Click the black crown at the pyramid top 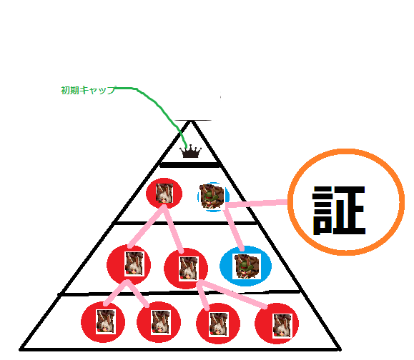[190, 152]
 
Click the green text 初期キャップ [88, 90]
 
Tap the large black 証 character [339, 211]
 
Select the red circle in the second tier [164, 194]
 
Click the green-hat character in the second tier [212, 196]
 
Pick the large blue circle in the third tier [245, 266]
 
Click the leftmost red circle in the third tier [129, 264]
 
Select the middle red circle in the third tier [186, 269]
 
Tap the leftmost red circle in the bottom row [103, 322]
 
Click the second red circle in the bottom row [159, 322]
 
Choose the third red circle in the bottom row [218, 324]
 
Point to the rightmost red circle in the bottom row [277, 324]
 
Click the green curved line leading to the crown [158, 105]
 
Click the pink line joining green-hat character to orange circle [256, 204]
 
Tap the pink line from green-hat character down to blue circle [234, 229]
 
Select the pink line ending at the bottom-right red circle [232, 294]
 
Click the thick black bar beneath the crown [189, 165]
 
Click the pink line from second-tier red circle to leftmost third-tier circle [147, 226]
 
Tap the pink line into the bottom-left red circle [115, 293]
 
